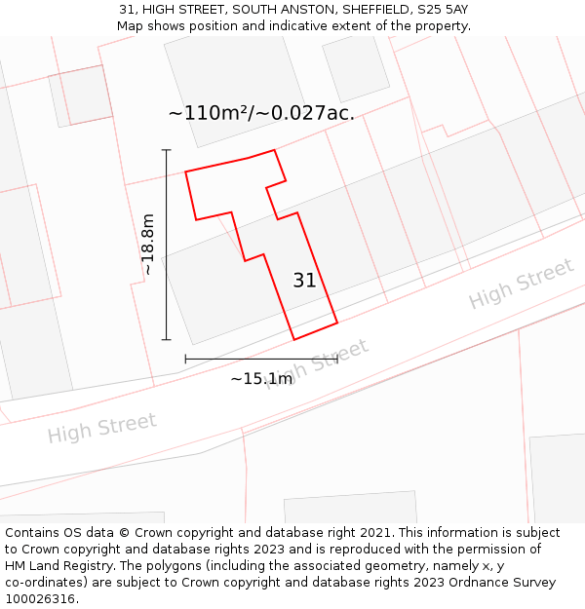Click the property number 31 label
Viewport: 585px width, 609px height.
point(304,281)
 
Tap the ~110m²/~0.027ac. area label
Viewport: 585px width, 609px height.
point(260,113)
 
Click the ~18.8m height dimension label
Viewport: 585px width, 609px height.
point(148,245)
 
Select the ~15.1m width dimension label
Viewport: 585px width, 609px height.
point(261,378)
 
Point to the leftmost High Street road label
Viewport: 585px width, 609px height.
point(101,428)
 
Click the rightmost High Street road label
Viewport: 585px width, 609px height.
point(521,284)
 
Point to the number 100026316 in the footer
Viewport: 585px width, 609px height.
point(38,598)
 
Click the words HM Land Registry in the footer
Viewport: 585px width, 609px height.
point(55,565)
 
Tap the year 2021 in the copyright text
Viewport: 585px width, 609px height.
point(376,533)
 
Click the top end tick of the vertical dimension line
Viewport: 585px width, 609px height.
point(166,150)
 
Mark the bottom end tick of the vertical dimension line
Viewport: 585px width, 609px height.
point(166,339)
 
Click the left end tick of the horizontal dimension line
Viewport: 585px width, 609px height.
point(185,360)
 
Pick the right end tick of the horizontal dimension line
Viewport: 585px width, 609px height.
point(337,360)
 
